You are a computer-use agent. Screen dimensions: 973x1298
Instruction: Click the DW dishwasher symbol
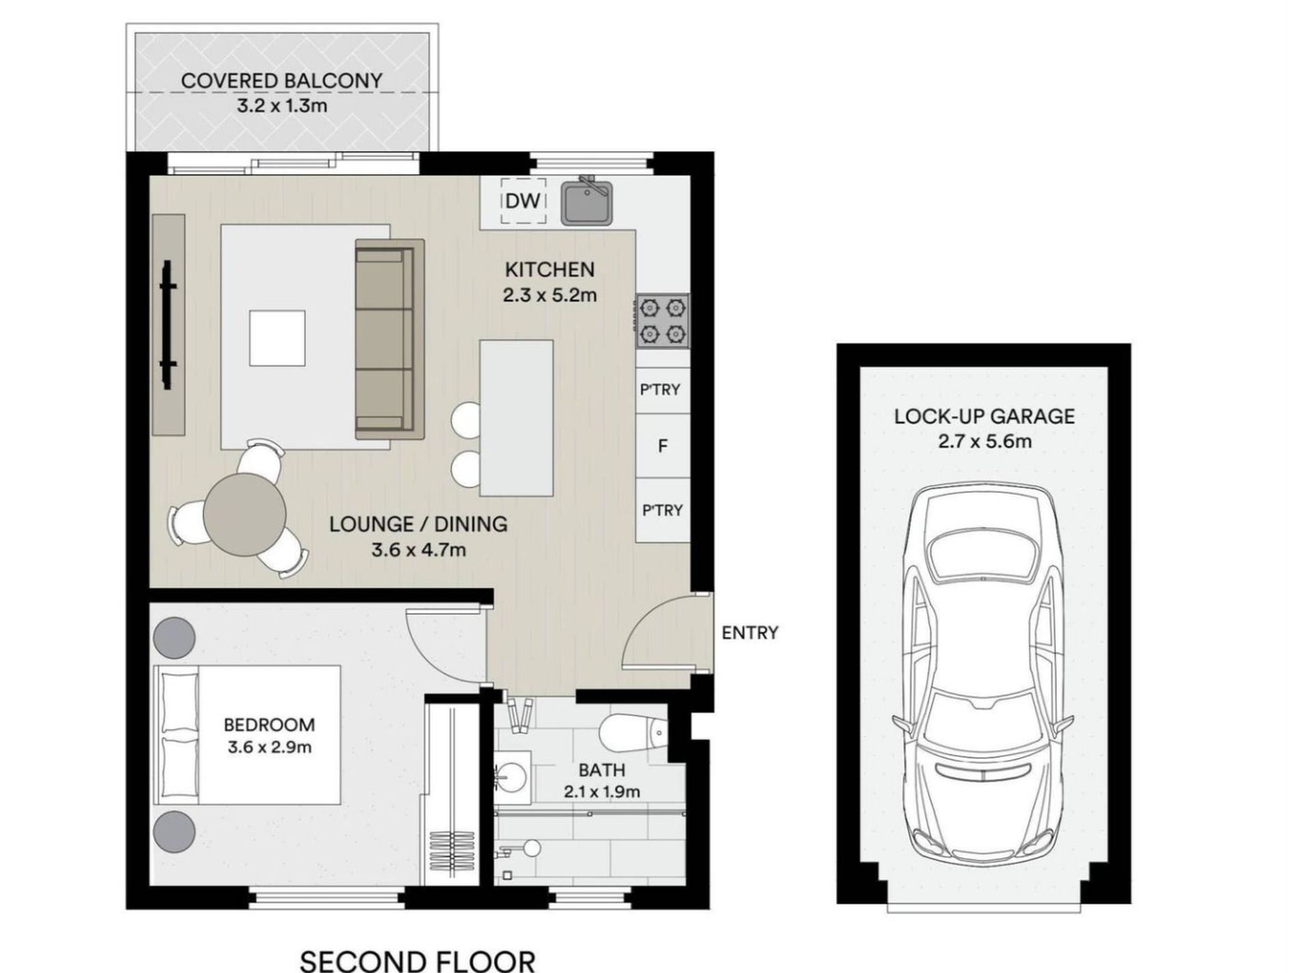pyautogui.click(x=523, y=201)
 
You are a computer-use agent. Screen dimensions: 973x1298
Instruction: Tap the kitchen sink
pyautogui.click(x=586, y=203)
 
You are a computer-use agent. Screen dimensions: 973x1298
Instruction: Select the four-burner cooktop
pyautogui.click(x=662, y=321)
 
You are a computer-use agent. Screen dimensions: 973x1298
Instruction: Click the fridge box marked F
pyautogui.click(x=662, y=446)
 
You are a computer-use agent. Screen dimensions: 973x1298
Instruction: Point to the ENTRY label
pyautogui.click(x=749, y=633)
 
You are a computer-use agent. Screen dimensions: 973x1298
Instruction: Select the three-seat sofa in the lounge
pyautogui.click(x=388, y=339)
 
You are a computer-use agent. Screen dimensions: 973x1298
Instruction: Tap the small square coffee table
pyautogui.click(x=277, y=338)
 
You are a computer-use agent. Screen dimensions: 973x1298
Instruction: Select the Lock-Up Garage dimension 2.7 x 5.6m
pyautogui.click(x=984, y=442)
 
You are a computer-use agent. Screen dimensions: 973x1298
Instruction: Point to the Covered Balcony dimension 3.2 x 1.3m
pyautogui.click(x=281, y=106)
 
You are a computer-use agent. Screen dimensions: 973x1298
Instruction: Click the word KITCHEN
pyautogui.click(x=549, y=270)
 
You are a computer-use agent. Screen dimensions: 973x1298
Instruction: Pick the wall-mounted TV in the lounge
pyautogui.click(x=167, y=324)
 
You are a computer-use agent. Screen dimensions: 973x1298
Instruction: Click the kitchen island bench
pyautogui.click(x=516, y=418)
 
